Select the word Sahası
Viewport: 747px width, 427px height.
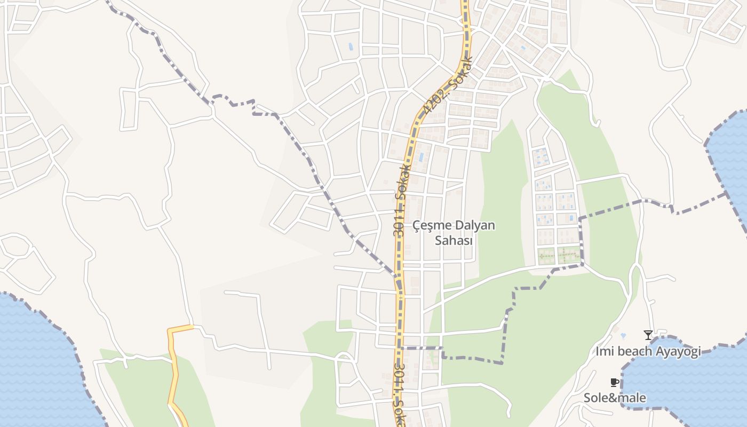454,241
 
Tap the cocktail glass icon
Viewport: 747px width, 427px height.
648,335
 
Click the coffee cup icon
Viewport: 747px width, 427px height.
614,382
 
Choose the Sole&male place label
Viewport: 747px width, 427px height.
615,398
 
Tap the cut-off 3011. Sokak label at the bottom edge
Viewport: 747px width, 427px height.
399,395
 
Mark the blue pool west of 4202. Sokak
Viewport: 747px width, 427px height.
351,47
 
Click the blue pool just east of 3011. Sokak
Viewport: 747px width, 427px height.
422,157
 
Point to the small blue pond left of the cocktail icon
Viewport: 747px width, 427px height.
623,336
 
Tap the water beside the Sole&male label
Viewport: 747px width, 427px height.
688,384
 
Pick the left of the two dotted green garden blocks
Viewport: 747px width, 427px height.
546,256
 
